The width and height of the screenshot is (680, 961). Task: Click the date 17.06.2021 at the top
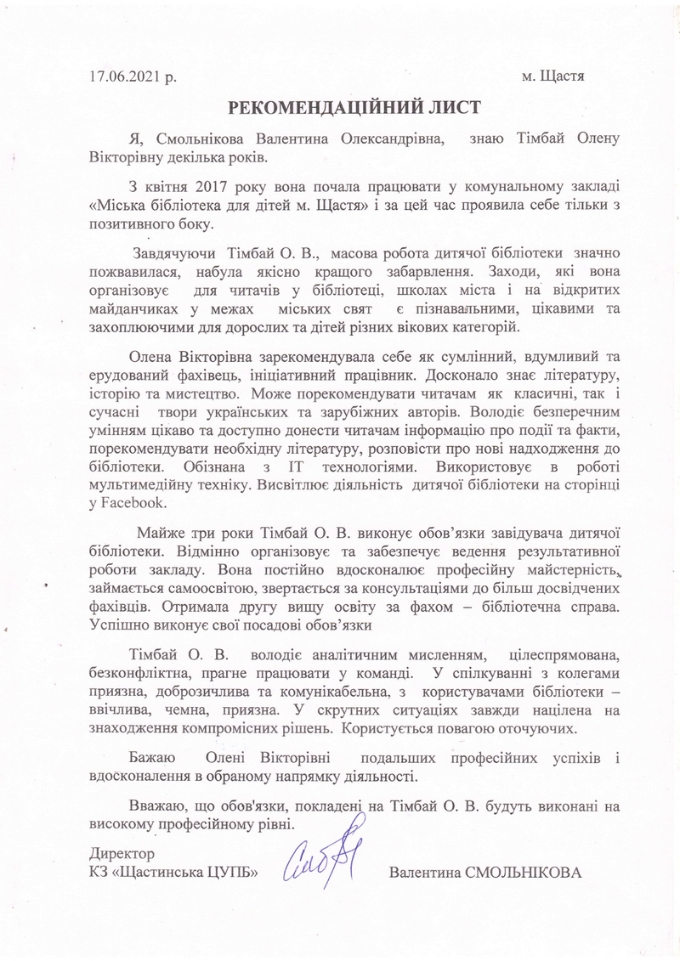(x=126, y=76)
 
